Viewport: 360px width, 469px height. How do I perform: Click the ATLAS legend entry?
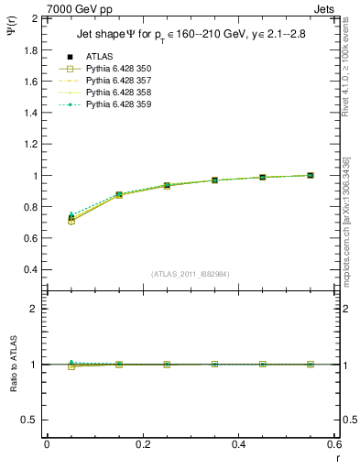[98, 57]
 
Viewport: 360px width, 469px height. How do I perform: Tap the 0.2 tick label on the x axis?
[143, 444]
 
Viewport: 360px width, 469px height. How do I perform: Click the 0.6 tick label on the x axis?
[334, 444]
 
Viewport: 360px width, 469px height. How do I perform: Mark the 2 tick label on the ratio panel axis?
[36, 309]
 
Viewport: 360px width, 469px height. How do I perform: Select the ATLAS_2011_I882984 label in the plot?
[191, 274]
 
